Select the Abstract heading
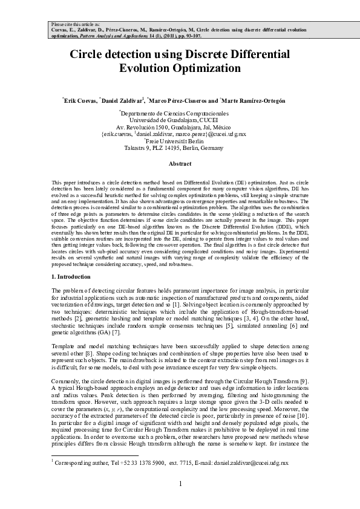[x=180, y=163]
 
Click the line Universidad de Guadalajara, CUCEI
[x=180, y=120]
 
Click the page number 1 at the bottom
[x=180, y=484]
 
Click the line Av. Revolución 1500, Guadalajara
[x=180, y=127]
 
